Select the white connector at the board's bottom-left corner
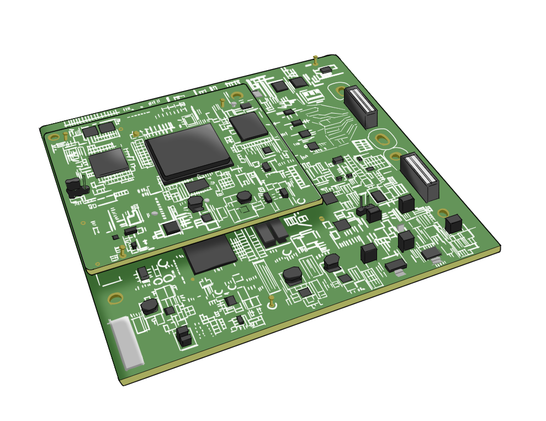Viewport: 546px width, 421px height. coord(126,343)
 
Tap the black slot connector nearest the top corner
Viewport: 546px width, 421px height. coord(361,106)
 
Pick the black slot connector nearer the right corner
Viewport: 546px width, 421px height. coord(420,176)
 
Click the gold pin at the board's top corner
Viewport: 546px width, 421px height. coord(315,60)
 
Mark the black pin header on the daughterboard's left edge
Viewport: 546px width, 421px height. coord(76,187)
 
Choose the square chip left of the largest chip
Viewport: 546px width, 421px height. coord(108,162)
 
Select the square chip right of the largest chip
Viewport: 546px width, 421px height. coord(248,126)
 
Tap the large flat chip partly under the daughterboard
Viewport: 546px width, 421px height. coord(210,254)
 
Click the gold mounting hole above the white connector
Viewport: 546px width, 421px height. coord(115,299)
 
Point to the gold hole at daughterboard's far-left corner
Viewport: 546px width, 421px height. coord(54,137)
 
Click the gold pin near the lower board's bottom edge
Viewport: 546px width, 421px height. coord(272,301)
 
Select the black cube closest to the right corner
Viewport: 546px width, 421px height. coord(453,223)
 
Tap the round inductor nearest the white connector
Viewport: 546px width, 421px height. coord(149,306)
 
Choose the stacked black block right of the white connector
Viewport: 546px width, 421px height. coord(184,336)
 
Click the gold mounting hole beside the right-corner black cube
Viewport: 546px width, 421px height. coord(443,212)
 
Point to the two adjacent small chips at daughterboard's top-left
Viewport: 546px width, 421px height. coord(98,130)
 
